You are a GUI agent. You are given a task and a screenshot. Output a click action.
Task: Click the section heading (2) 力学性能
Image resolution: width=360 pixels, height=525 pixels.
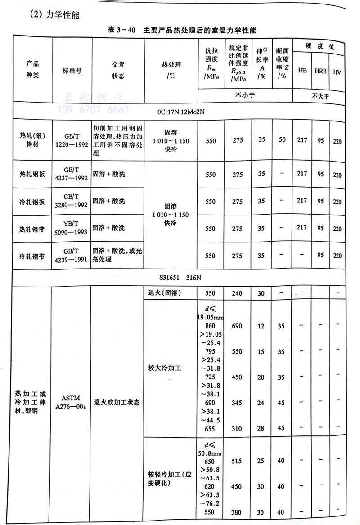click(54, 14)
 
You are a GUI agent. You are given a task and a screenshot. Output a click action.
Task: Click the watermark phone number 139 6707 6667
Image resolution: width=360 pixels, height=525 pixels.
click(93, 109)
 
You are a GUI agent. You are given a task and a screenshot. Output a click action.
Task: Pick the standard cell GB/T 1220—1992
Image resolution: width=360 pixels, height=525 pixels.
click(72, 140)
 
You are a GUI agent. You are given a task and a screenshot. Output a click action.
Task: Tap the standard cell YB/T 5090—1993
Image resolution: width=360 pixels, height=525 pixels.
click(72, 229)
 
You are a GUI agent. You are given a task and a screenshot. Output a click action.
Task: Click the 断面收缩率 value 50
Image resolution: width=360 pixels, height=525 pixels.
click(282, 140)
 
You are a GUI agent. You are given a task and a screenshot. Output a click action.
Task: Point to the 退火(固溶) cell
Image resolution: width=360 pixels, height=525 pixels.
click(164, 293)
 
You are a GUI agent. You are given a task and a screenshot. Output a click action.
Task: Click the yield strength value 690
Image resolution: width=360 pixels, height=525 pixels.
click(238, 325)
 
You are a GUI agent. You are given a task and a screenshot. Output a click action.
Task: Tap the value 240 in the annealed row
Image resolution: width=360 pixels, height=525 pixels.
click(238, 293)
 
